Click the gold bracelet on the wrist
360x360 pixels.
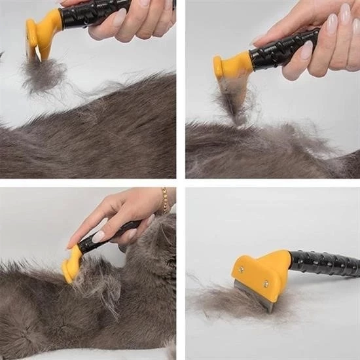(165, 200)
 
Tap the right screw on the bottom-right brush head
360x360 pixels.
(266, 283)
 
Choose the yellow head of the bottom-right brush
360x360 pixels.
(262, 268)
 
